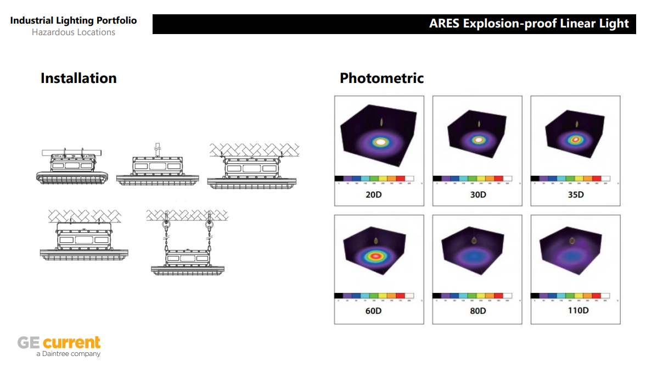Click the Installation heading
[x=78, y=79]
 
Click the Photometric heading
[x=381, y=79]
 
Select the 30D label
[x=478, y=195]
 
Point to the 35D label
[x=576, y=195]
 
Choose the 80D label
[x=478, y=311]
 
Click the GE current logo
[x=59, y=343]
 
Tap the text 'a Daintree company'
[x=68, y=354]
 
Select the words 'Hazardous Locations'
[x=74, y=32]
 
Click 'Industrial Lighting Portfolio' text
[x=74, y=21]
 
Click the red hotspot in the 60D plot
[x=376, y=256]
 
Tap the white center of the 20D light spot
[x=379, y=142]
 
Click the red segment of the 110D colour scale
[x=597, y=296]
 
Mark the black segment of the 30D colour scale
[x=437, y=179]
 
